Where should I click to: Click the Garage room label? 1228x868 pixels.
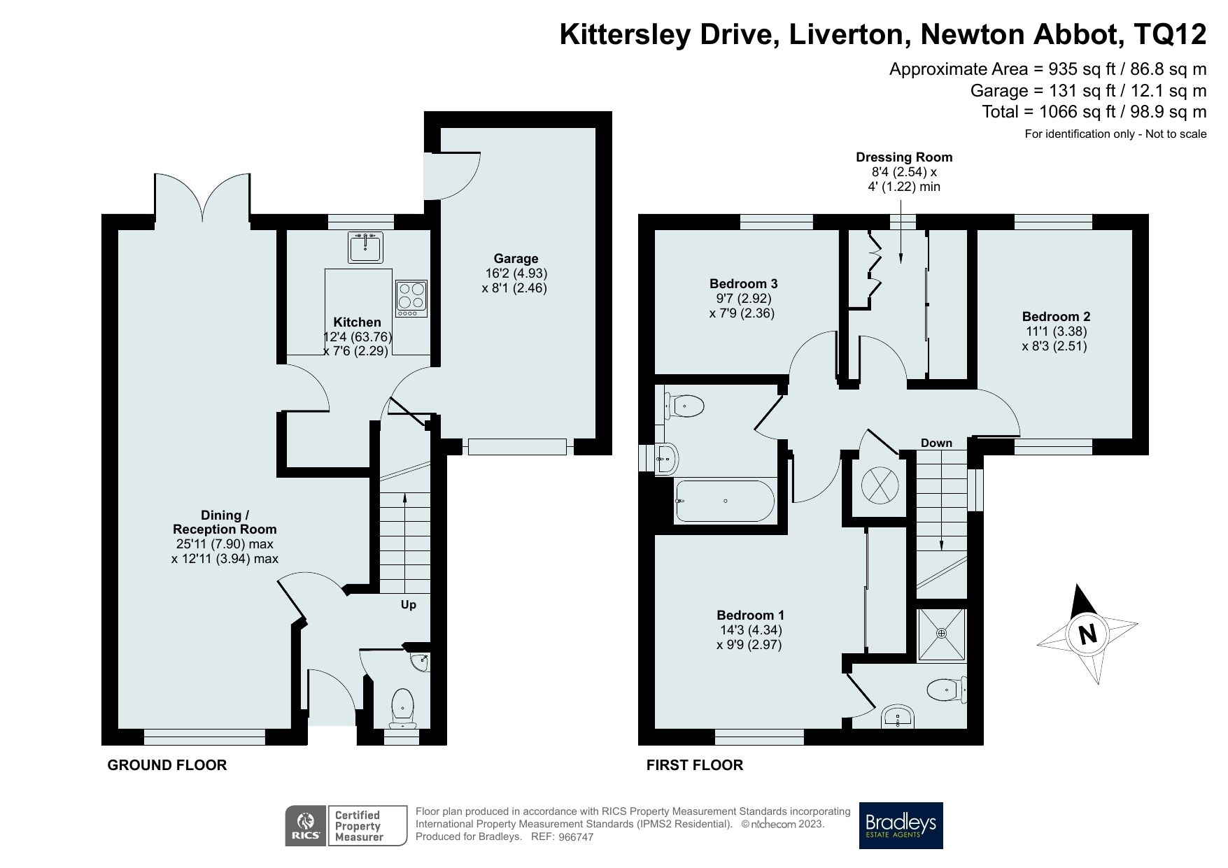(516, 258)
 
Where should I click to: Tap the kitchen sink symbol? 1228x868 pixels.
(365, 246)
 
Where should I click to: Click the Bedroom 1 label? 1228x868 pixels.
(750, 615)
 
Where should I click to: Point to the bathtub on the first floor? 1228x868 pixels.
(724, 501)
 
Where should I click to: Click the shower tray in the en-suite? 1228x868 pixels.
(941, 634)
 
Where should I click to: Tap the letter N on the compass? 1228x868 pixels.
(1087, 634)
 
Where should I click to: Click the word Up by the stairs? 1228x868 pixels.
(408, 604)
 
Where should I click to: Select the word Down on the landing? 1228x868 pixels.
(936, 443)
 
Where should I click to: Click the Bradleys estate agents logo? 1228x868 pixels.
(901, 825)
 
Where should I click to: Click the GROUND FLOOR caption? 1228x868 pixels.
(167, 765)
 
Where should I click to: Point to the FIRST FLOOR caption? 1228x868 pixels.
(694, 765)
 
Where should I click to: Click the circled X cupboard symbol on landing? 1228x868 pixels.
(878, 483)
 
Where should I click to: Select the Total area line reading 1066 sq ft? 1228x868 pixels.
(1094, 112)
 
